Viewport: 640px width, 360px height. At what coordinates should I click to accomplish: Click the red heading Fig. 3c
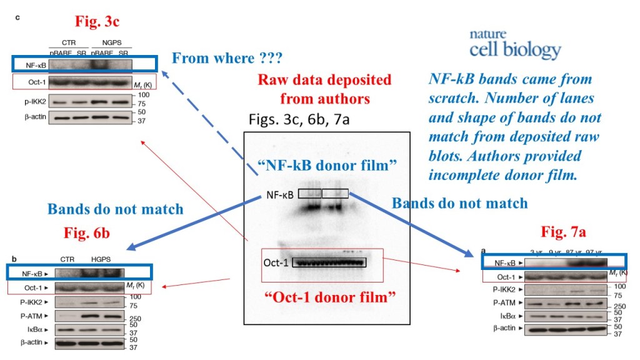(x=97, y=22)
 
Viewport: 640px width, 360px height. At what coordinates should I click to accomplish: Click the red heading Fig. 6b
(x=87, y=233)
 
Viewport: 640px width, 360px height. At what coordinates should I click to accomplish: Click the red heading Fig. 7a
(x=563, y=233)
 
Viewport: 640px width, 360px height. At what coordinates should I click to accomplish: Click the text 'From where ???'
(x=227, y=59)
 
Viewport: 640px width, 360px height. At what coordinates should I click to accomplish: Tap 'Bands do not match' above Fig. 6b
(x=116, y=208)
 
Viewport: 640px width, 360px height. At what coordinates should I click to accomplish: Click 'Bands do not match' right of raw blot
(x=459, y=202)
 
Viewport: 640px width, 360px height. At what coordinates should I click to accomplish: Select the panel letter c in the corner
(x=17, y=17)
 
